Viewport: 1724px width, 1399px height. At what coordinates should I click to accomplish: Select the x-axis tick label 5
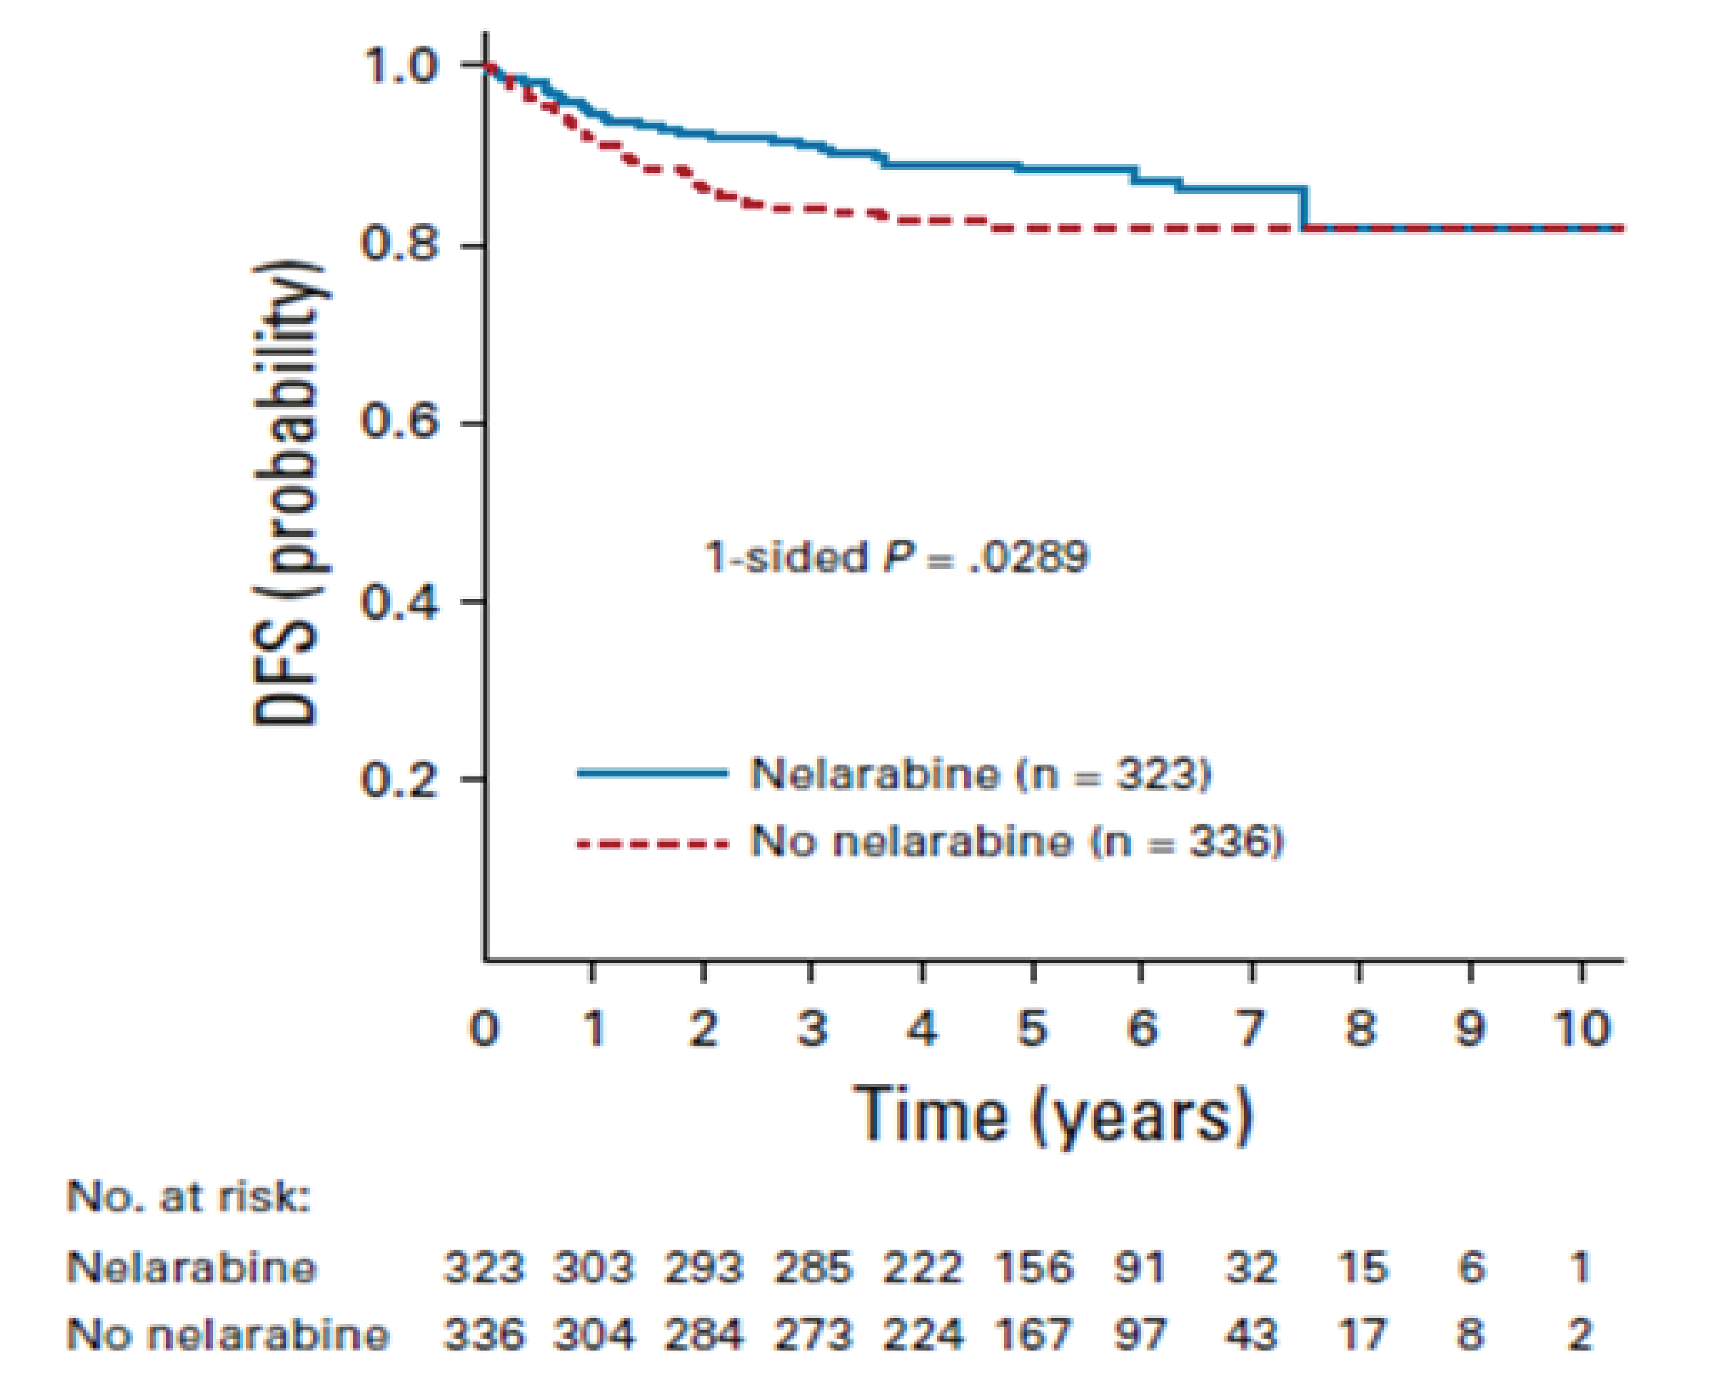[x=1032, y=1029]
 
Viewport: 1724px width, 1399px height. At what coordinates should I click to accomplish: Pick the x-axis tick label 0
[x=484, y=1029]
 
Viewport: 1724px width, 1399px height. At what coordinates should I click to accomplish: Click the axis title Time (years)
[x=1054, y=1116]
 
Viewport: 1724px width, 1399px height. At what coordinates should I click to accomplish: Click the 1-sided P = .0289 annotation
[x=896, y=557]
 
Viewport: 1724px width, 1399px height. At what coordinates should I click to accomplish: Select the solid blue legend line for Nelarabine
[x=652, y=773]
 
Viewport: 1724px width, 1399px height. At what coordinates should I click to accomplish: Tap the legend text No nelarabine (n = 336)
[x=1017, y=842]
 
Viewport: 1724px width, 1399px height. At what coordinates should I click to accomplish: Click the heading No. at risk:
[x=188, y=1197]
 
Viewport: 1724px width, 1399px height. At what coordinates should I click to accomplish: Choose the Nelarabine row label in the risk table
[x=192, y=1267]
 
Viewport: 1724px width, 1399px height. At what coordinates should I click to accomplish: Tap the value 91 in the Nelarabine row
[x=1139, y=1267]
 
